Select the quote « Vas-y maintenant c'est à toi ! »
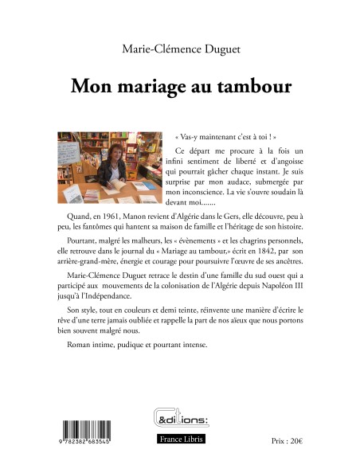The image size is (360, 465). (x=214, y=137)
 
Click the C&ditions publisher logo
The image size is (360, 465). (x=180, y=417)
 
